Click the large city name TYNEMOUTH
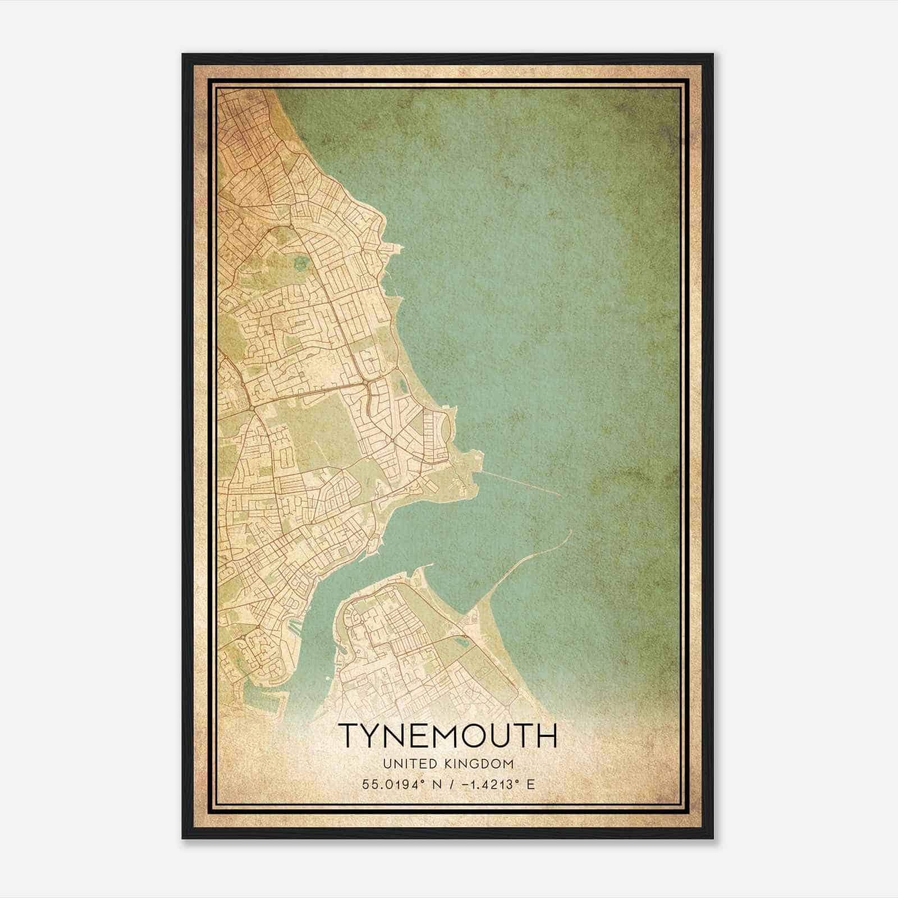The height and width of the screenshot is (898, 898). [447, 735]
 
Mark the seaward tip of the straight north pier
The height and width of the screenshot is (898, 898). [558, 495]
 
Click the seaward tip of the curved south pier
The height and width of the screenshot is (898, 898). [570, 530]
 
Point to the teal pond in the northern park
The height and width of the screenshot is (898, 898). [302, 262]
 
